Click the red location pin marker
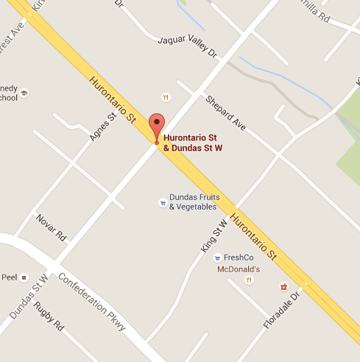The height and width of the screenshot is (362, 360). tap(156, 126)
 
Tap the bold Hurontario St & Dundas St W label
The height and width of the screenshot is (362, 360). tap(193, 142)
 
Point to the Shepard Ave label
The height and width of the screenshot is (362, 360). tap(225, 113)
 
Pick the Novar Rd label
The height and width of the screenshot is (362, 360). tap(51, 228)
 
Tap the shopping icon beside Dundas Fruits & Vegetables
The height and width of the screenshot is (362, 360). tap(162, 202)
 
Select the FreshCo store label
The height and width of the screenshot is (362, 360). tap(239, 258)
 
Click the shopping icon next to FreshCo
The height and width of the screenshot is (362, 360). tap(216, 258)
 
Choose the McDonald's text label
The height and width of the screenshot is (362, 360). tap(239, 269)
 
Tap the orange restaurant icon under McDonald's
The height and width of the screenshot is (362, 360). tap(249, 280)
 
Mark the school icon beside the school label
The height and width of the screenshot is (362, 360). tap(24, 93)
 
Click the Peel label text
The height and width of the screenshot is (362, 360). tap(9, 277)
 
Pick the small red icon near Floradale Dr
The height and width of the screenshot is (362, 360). tap(282, 286)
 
